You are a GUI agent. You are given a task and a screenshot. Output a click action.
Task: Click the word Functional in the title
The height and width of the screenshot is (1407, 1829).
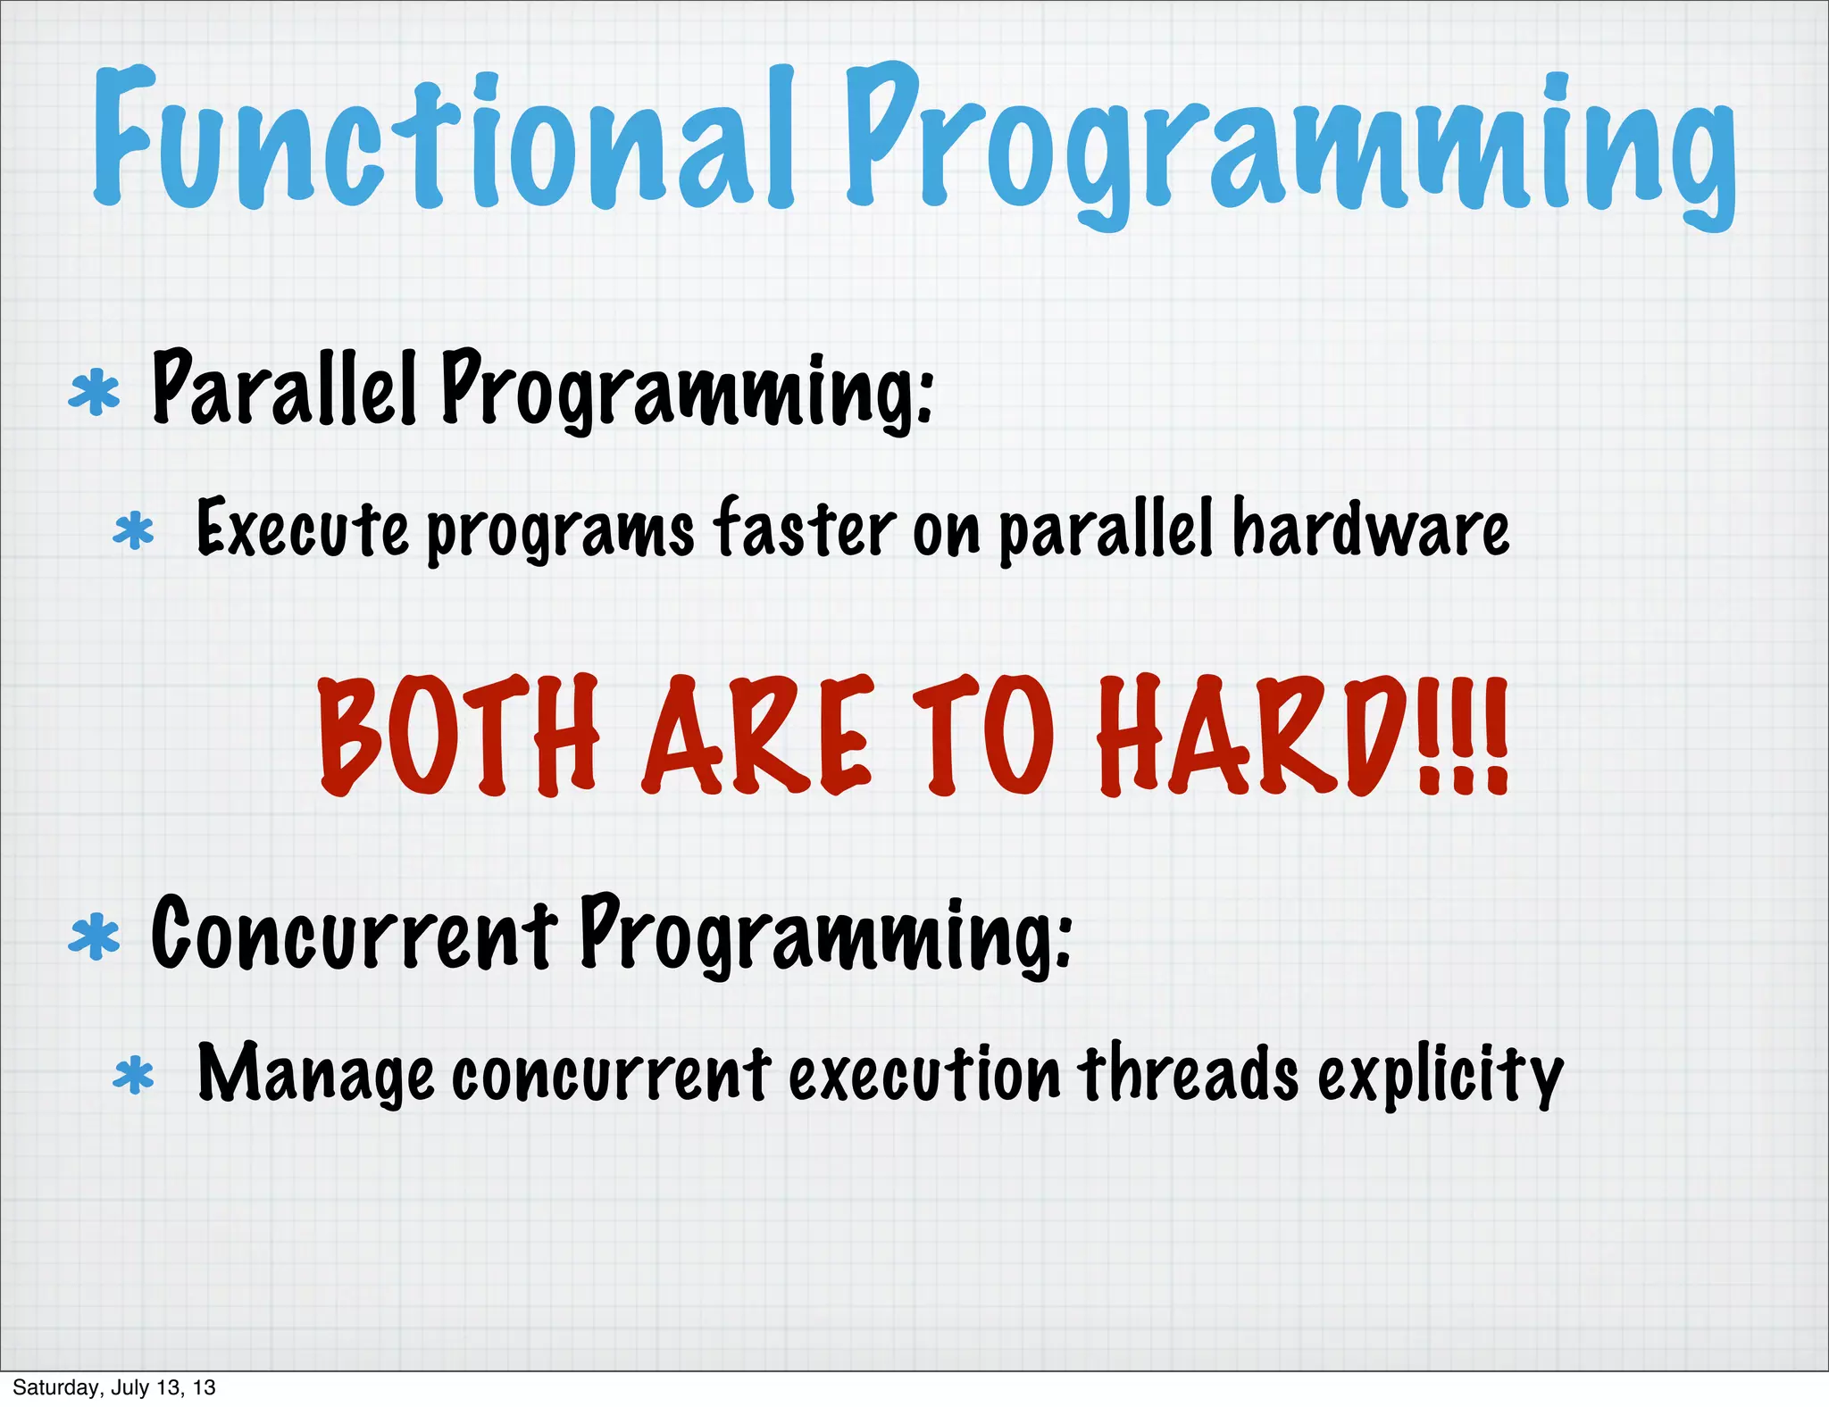(442, 138)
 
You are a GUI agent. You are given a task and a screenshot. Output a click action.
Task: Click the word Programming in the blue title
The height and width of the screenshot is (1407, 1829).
(1290, 143)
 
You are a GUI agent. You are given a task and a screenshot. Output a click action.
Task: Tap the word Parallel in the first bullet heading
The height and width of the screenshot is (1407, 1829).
(284, 389)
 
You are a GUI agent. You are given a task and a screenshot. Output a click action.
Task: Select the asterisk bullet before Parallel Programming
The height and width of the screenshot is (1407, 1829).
(95, 395)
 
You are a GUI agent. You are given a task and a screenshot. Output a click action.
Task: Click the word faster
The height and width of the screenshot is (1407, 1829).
(804, 529)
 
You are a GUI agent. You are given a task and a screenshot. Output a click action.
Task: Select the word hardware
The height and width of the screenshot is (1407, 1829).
(1371, 529)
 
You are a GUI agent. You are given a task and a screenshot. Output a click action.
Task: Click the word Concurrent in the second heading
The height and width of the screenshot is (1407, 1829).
(354, 934)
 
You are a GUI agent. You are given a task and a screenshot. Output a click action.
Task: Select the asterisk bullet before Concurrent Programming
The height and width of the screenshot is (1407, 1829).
(95, 939)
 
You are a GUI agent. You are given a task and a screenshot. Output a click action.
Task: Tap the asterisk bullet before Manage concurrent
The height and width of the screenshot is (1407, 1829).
(134, 1076)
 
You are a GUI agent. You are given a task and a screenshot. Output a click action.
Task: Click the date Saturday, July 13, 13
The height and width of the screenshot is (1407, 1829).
(114, 1387)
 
